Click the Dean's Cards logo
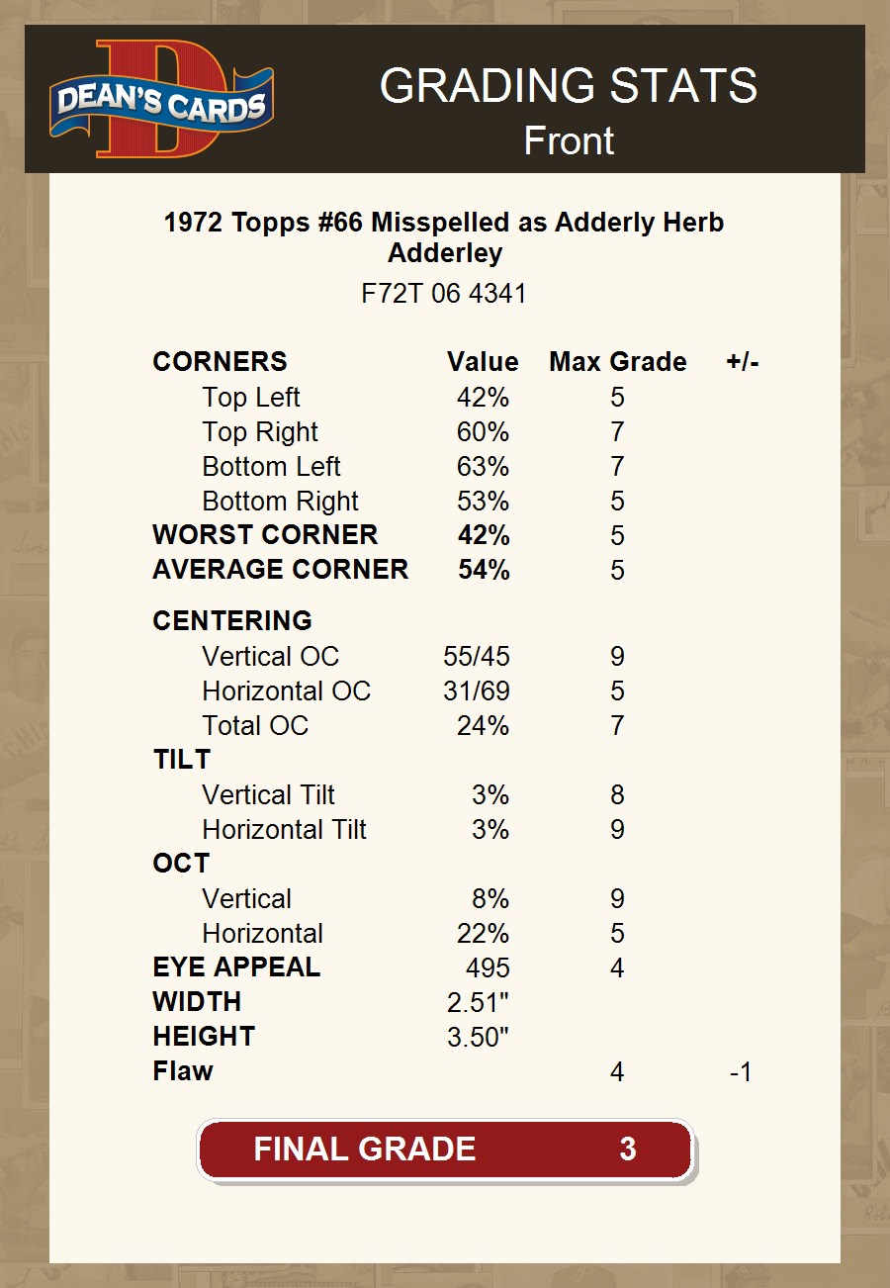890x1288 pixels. [x=161, y=100]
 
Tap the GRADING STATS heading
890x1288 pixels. [x=569, y=87]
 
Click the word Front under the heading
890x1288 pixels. [x=569, y=140]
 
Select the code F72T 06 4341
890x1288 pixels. [x=444, y=294]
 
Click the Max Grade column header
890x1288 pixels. [x=618, y=362]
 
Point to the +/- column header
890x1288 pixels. [x=742, y=362]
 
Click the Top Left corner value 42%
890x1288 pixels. [x=483, y=398]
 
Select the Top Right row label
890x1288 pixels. [x=260, y=432]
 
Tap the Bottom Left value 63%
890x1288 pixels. [x=483, y=466]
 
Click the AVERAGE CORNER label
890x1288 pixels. [x=280, y=570]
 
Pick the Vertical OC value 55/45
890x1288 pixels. [x=477, y=657]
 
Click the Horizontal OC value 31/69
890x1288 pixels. [x=477, y=691]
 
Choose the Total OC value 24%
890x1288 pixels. [x=483, y=726]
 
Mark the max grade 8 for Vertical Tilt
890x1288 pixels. [x=617, y=795]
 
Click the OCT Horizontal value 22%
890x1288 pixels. [x=483, y=934]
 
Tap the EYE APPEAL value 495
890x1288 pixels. [x=488, y=967]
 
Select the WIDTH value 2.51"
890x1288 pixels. [x=478, y=1002]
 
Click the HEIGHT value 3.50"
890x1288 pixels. [x=478, y=1037]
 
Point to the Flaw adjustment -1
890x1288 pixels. [x=741, y=1071]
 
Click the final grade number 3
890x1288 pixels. [x=627, y=1150]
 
